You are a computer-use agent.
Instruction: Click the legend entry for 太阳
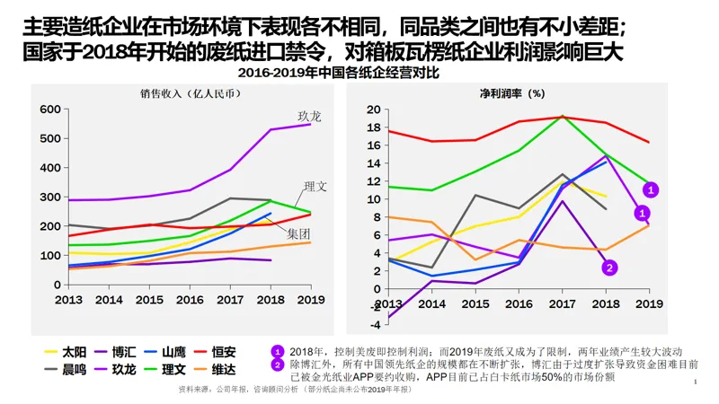pyautogui.click(x=74, y=352)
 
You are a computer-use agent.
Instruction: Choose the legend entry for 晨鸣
pyautogui.click(x=74, y=368)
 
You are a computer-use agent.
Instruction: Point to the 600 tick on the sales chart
pyautogui.click(x=49, y=110)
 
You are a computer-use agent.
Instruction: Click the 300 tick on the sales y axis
pyautogui.click(x=49, y=197)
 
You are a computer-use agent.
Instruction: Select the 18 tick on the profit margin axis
pyautogui.click(x=373, y=126)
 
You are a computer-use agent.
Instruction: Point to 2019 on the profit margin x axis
pyautogui.click(x=649, y=304)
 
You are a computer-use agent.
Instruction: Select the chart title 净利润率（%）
pyautogui.click(x=512, y=92)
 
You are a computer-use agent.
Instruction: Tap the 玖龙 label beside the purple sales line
pyautogui.click(x=309, y=117)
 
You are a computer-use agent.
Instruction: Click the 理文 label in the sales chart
pyautogui.click(x=315, y=187)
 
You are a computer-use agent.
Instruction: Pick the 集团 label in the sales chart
pyautogui.click(x=298, y=233)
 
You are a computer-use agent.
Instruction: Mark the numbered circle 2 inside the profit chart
pyautogui.click(x=609, y=267)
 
